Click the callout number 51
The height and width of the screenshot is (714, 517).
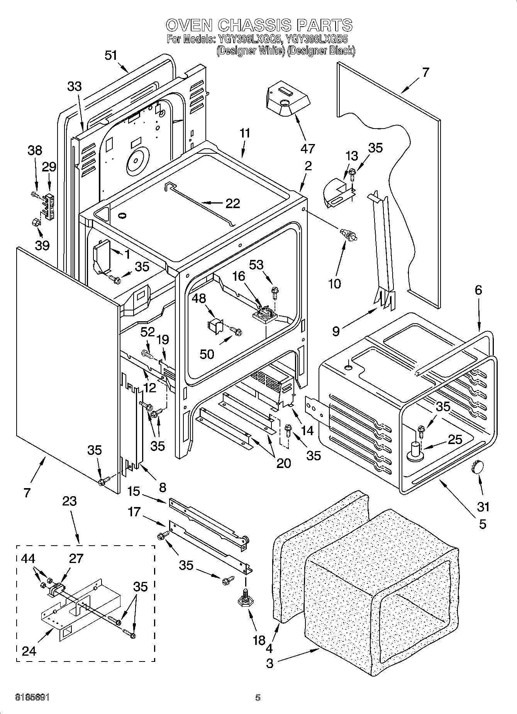111,55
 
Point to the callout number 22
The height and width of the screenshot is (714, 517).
232,203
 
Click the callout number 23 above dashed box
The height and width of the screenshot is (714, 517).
70,501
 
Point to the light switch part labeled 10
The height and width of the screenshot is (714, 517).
348,235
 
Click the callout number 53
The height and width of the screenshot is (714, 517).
256,265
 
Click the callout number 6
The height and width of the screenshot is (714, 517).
478,290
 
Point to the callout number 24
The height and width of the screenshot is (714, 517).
29,651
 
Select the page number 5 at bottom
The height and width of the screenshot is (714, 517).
258,698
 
